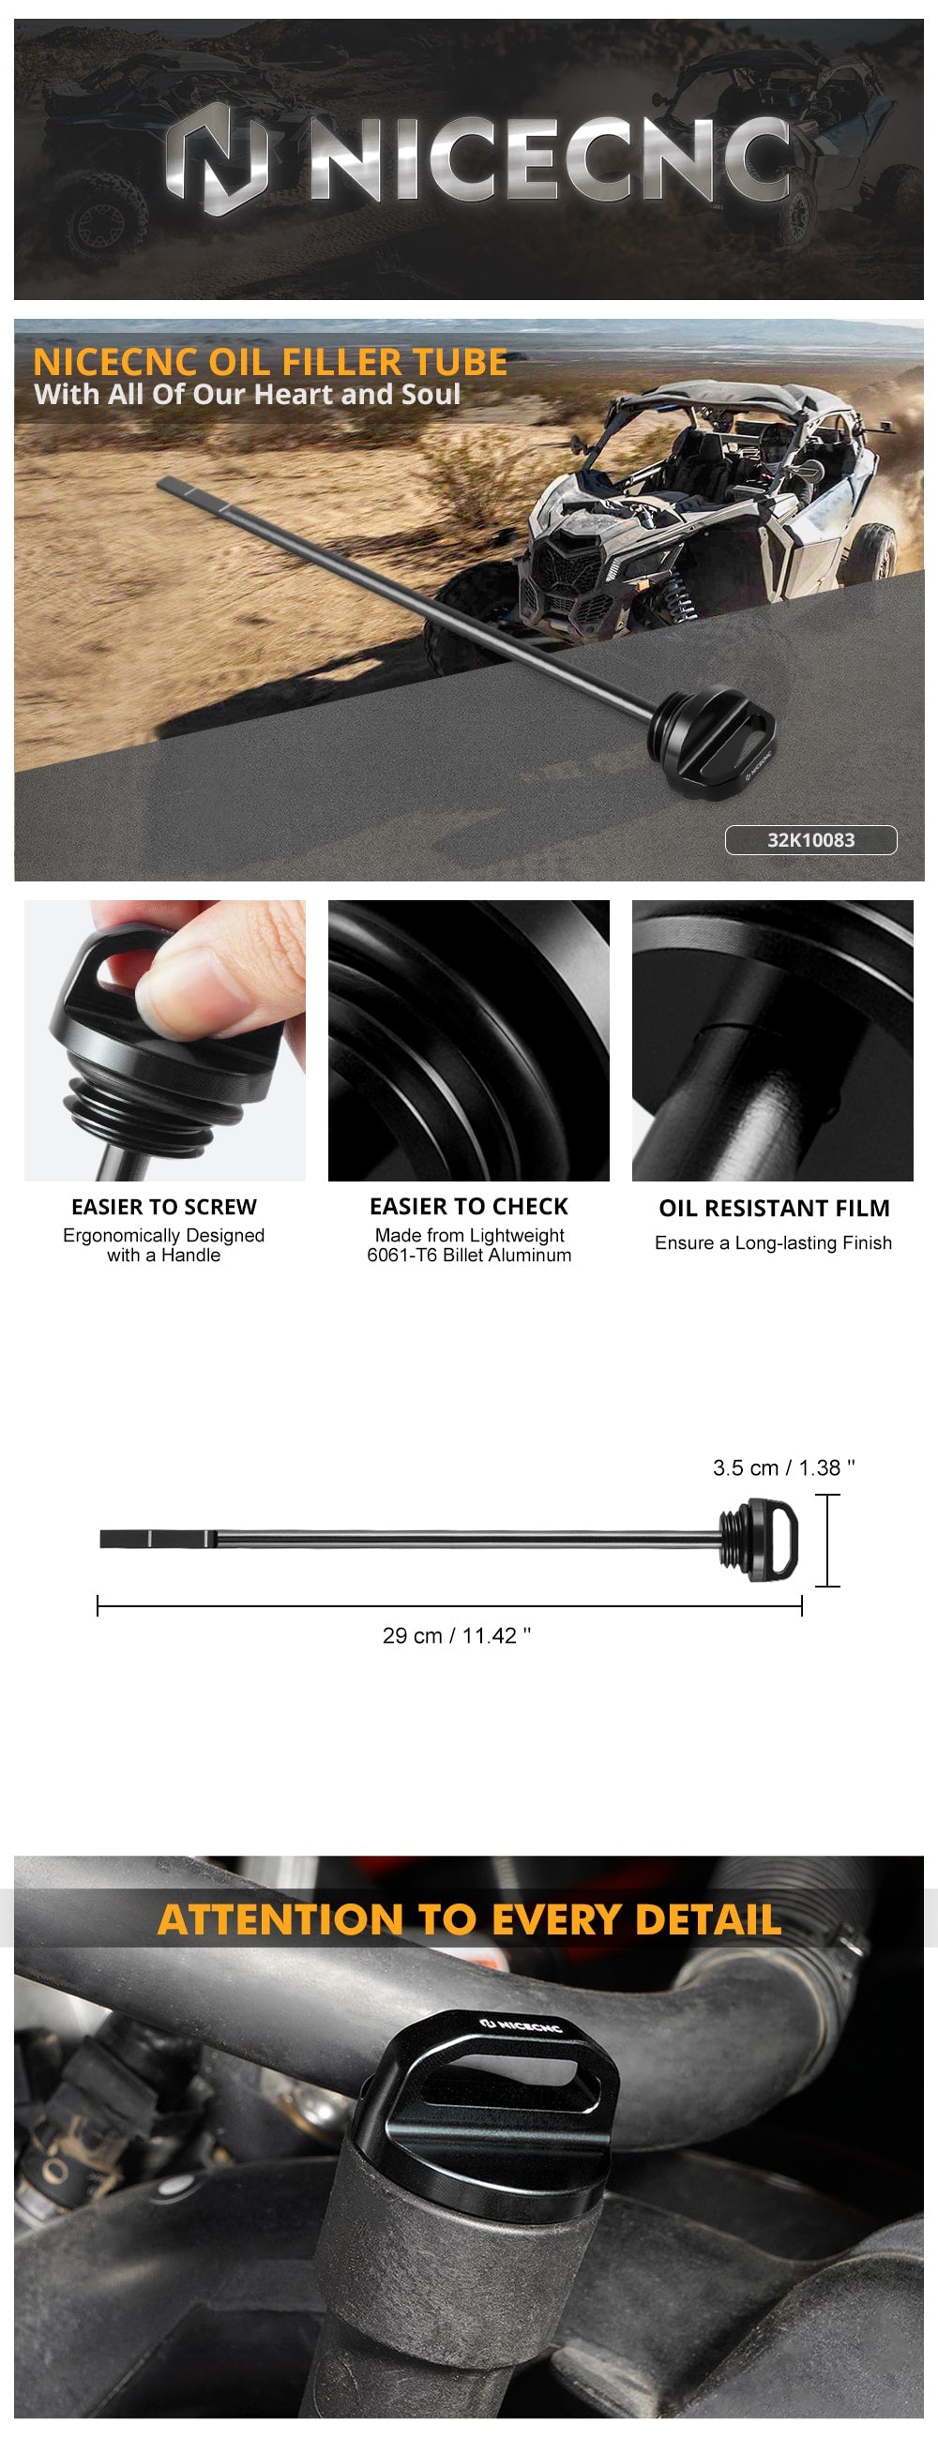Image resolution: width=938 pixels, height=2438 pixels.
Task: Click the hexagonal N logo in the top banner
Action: tap(217, 158)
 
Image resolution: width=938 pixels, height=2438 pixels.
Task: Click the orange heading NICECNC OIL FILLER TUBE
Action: tap(270, 363)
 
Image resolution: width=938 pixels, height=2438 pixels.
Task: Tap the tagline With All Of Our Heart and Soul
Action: tap(247, 395)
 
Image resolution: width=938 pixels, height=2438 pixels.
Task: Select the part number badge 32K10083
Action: tap(810, 839)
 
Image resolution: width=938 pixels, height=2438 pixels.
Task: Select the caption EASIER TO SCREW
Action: tap(164, 1207)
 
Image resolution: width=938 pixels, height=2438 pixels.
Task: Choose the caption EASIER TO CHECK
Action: tap(468, 1207)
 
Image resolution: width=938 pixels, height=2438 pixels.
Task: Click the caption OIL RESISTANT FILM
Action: tap(774, 1209)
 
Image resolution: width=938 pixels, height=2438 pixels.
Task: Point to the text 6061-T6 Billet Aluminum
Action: tap(468, 1255)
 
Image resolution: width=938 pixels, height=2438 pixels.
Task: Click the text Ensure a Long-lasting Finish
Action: tap(773, 1242)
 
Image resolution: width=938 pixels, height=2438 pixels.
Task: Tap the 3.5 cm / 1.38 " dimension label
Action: tap(784, 1467)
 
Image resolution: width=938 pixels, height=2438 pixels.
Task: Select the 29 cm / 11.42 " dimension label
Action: tap(456, 1635)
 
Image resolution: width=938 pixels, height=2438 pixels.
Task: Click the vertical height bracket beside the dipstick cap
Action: tap(827, 1540)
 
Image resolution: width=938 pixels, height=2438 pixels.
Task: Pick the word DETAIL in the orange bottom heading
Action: tap(708, 1919)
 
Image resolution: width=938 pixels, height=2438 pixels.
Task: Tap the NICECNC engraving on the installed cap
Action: tap(521, 2024)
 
